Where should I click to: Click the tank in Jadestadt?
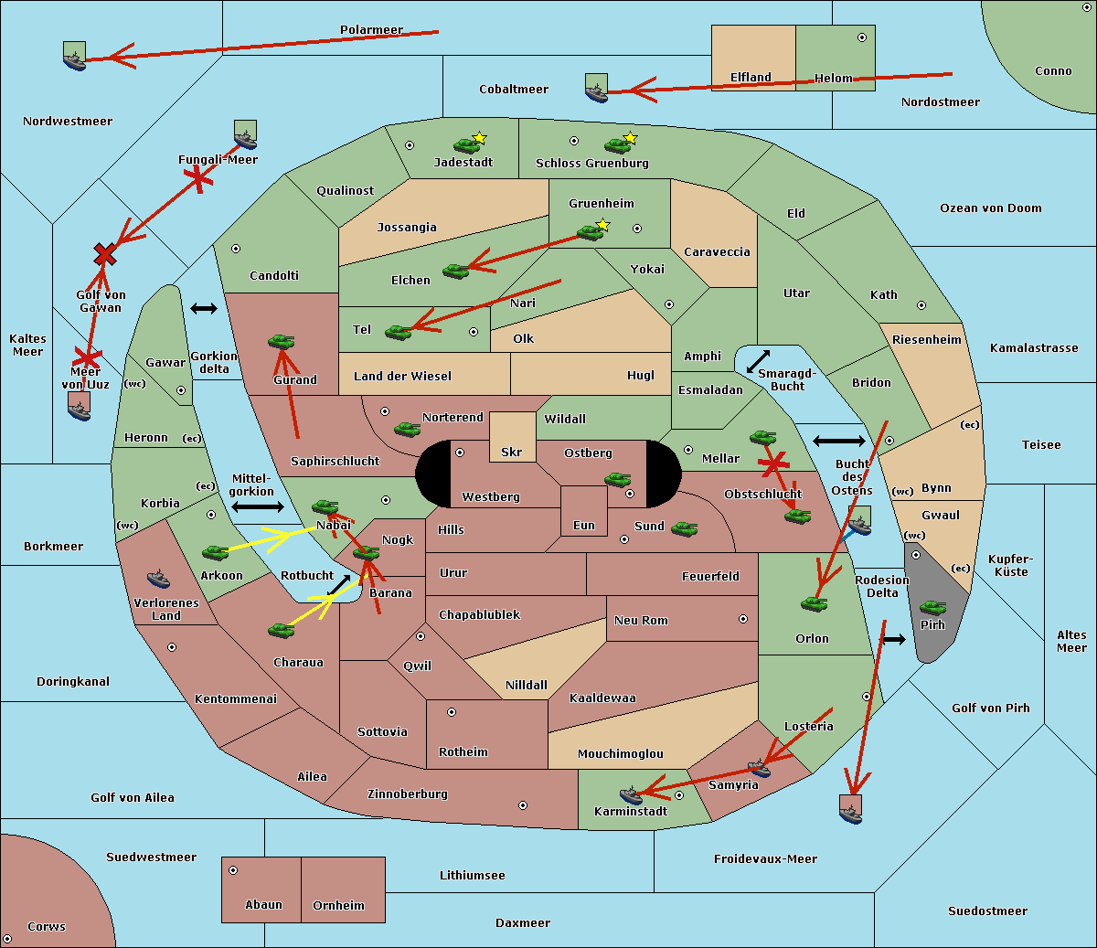466,144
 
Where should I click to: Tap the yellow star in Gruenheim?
602,225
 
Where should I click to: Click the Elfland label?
751,78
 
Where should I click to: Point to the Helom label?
833,79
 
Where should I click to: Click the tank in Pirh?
932,608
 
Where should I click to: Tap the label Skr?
511,453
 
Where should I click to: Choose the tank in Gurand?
281,342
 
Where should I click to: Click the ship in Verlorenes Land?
158,579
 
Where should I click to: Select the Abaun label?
263,905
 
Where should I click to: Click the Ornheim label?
338,906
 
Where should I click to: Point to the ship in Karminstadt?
631,795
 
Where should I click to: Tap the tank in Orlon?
814,603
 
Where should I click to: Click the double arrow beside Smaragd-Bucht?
758,361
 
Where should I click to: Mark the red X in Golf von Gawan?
105,254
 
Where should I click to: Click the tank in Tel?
398,332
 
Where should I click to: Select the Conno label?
1053,71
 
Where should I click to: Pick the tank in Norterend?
407,429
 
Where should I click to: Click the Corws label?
47,927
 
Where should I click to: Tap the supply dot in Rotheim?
452,712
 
